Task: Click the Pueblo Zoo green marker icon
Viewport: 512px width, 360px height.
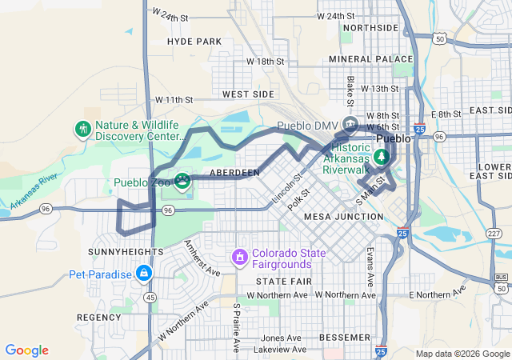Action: [182, 182]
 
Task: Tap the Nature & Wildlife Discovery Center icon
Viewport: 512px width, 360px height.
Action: [82, 129]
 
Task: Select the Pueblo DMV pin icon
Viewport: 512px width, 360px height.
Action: [350, 124]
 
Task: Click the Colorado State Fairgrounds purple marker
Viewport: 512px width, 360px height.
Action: [238, 258]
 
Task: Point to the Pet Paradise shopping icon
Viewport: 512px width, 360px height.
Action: [144, 274]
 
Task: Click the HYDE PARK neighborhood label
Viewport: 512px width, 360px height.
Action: [194, 42]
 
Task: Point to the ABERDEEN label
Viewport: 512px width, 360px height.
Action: [234, 173]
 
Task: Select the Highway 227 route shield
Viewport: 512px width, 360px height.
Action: [494, 233]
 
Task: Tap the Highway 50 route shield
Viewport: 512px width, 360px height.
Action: [440, 38]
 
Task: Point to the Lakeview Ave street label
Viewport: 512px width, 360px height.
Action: [276, 350]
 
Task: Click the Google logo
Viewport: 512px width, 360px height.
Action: [27, 350]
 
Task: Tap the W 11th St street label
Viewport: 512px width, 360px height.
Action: [174, 100]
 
